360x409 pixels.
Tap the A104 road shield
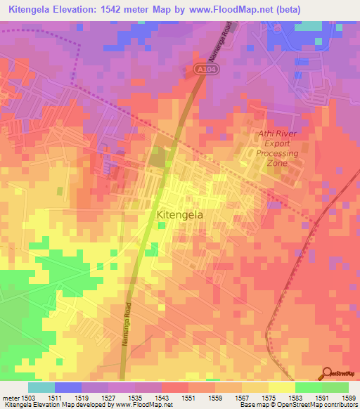[x=202, y=68]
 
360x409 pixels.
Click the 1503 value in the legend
[x=20, y=397]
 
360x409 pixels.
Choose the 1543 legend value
[x=161, y=397]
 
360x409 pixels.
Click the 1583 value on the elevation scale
[x=295, y=397]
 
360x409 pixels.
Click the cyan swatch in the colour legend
[x=41, y=387]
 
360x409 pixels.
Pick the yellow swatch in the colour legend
[x=281, y=387]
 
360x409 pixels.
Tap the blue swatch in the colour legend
[x=67, y=387]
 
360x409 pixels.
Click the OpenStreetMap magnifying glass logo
[x=326, y=372]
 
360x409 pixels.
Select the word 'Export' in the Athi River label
[x=277, y=143]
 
